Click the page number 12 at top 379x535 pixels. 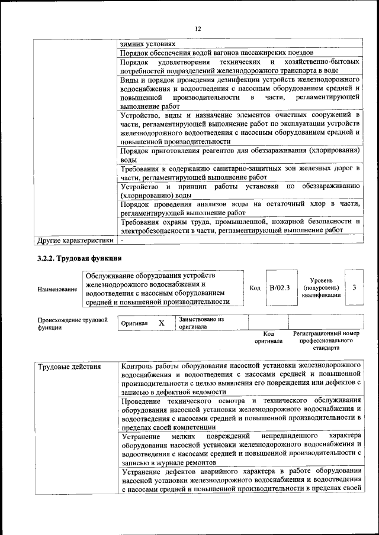[x=198, y=28]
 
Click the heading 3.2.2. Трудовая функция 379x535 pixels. [x=80, y=258]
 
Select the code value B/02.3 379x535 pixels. [x=279, y=288]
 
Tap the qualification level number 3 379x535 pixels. [x=354, y=287]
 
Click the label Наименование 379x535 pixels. [x=57, y=289]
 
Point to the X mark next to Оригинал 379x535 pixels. [x=160, y=323]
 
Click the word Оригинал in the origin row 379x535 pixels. [x=134, y=324]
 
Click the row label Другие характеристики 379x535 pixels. [x=75, y=241]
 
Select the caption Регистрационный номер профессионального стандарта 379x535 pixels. [x=326, y=341]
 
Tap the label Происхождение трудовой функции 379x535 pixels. [x=72, y=323]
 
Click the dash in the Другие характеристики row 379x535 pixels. [x=122, y=241]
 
